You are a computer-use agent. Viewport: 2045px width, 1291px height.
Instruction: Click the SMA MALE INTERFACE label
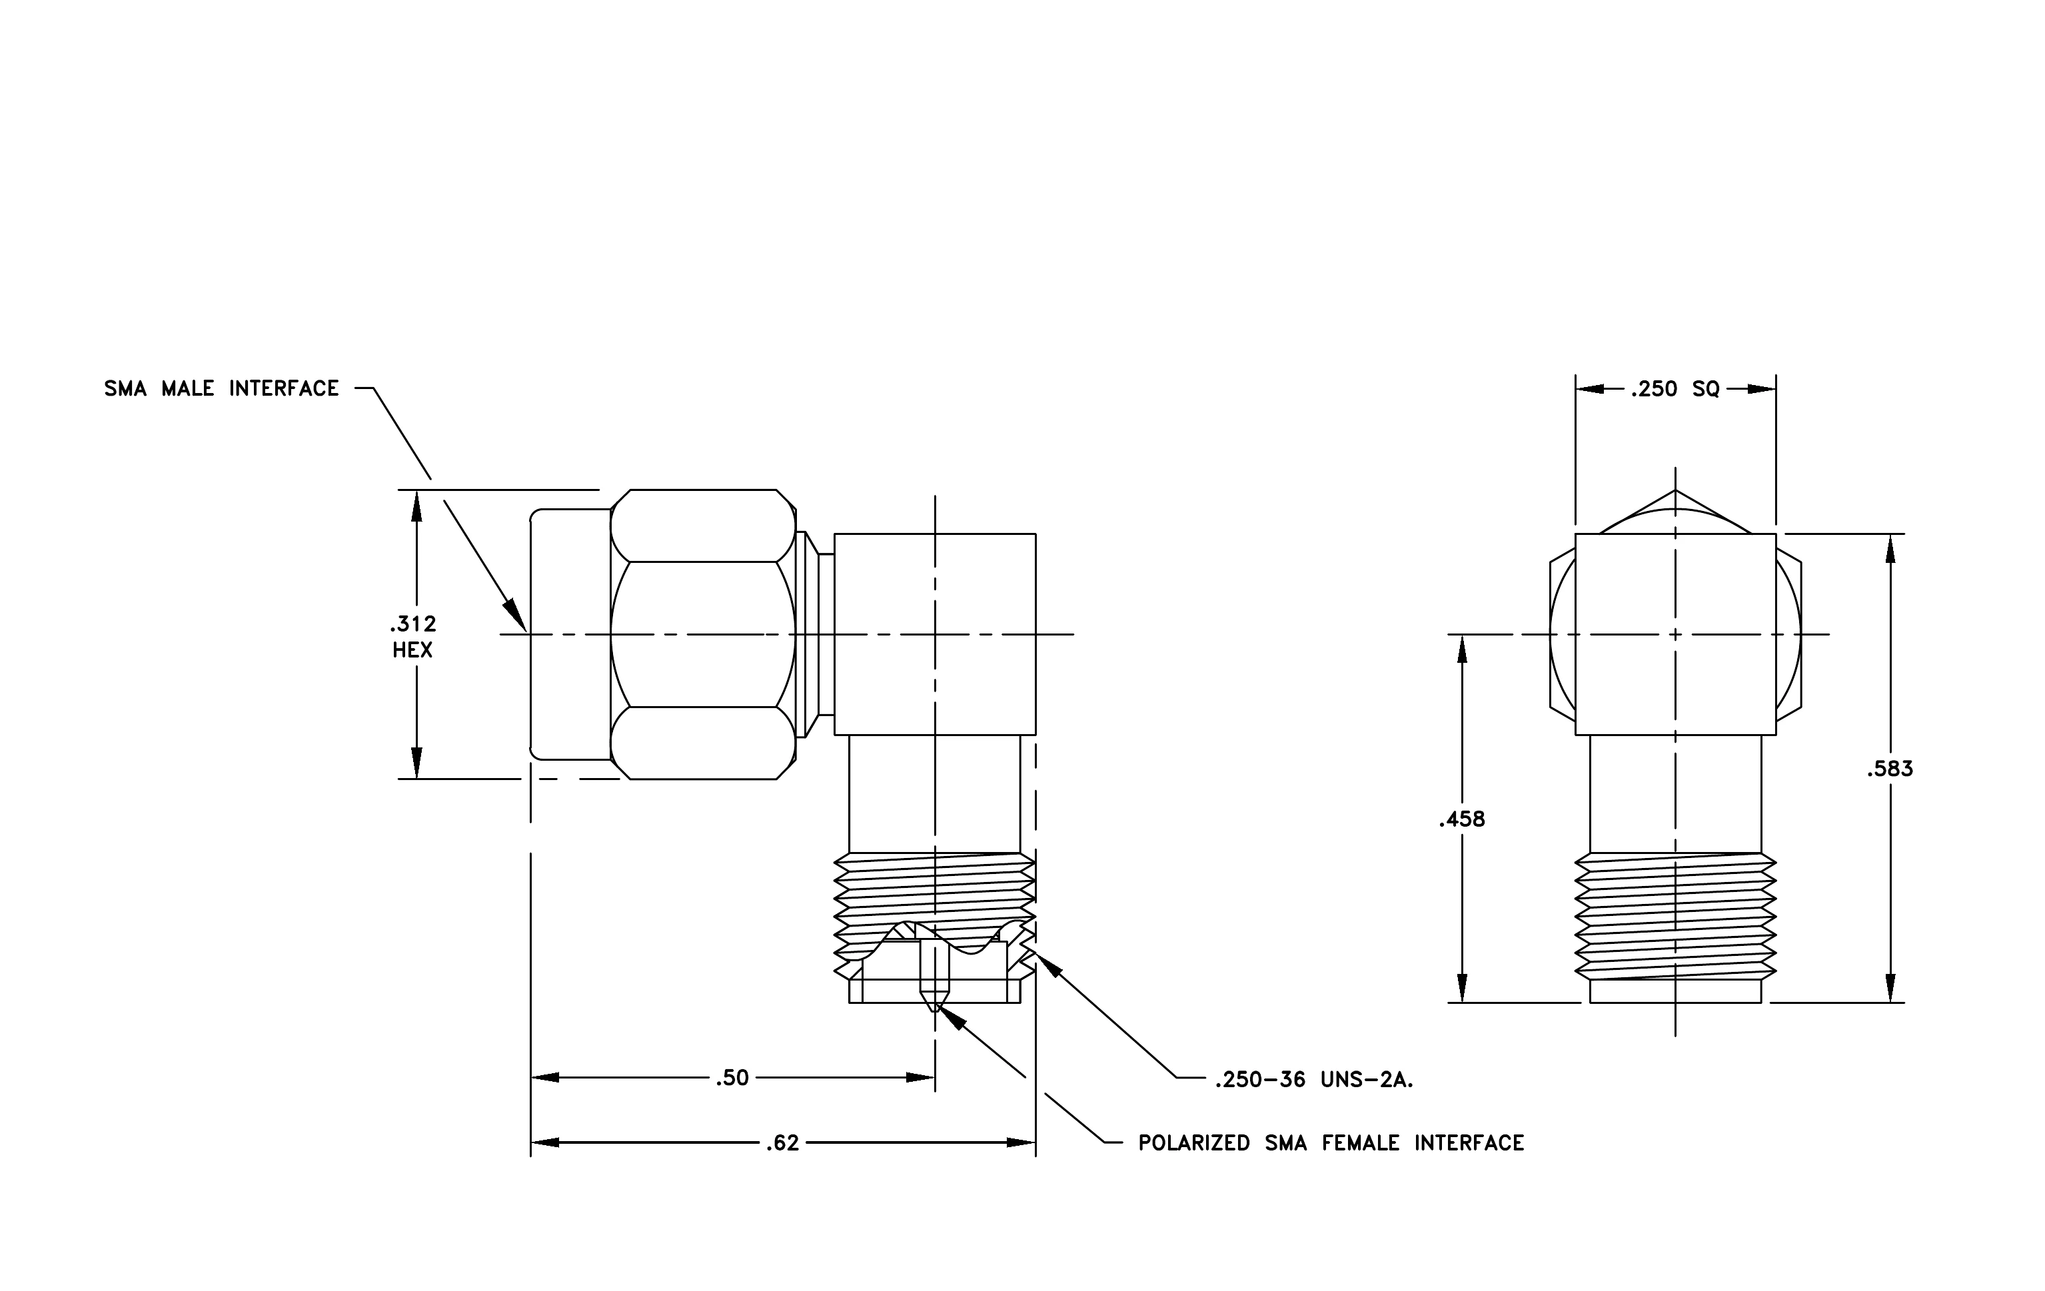(x=222, y=389)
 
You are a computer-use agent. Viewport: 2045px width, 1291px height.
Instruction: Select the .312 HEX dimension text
(x=414, y=638)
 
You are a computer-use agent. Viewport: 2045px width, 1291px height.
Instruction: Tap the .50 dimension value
(x=732, y=1078)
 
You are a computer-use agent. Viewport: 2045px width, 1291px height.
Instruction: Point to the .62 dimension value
(x=782, y=1143)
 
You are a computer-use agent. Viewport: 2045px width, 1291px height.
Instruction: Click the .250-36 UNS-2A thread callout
(x=1314, y=1080)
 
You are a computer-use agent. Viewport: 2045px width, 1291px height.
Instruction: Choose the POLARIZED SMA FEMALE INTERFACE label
(x=1331, y=1143)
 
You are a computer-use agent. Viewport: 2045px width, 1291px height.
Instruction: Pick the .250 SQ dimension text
(x=1675, y=390)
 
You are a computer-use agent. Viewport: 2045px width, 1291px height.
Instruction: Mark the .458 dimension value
(x=1463, y=820)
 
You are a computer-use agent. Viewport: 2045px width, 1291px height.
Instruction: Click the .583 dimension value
(x=1890, y=769)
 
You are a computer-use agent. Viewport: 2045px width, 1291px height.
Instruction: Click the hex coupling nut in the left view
(x=703, y=634)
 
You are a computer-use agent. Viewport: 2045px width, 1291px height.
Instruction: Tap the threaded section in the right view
(x=1675, y=917)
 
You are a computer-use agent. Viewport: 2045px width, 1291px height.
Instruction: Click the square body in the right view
(x=1675, y=634)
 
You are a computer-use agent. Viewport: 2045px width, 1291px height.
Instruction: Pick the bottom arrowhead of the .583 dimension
(x=1890, y=987)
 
